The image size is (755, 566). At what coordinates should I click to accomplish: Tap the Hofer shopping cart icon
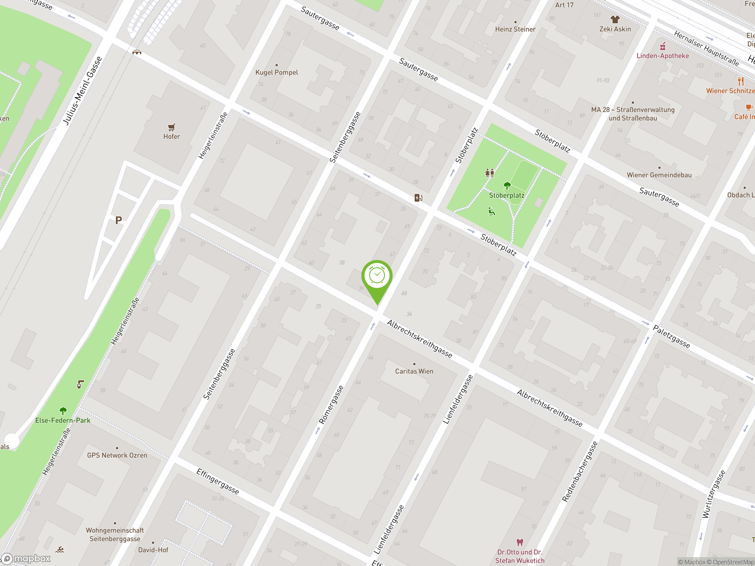point(171,128)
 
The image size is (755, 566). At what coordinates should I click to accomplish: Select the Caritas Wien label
point(414,371)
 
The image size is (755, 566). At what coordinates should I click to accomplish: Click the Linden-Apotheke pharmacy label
point(662,56)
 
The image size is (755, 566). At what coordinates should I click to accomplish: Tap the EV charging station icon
point(418,198)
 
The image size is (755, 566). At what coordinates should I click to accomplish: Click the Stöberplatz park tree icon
point(507,186)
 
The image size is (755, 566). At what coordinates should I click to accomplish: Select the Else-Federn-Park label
point(63,420)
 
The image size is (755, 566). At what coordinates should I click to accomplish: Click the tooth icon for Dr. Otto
point(519,542)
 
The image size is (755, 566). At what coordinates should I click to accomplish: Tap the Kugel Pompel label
point(276,72)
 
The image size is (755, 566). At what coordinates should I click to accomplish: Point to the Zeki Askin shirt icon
point(615,19)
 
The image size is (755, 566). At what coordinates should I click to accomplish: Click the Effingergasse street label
point(218,481)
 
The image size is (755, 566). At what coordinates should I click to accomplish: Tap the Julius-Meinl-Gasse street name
point(82,91)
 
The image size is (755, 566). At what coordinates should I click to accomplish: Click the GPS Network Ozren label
point(117,455)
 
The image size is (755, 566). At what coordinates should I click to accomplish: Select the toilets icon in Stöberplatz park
point(490,173)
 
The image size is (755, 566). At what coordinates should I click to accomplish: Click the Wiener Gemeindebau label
point(659,175)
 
